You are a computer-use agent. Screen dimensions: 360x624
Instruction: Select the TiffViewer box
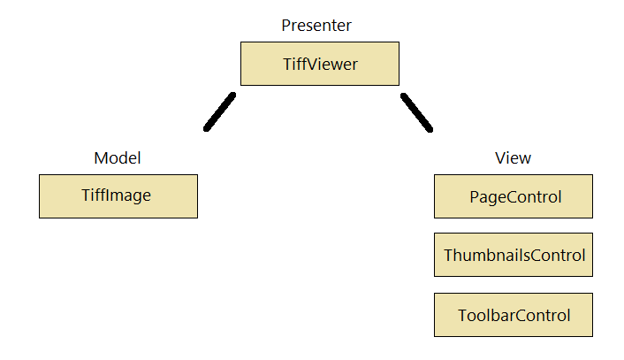pos(319,65)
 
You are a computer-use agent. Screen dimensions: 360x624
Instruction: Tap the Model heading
pos(118,158)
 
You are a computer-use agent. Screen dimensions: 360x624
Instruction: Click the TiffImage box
pos(118,195)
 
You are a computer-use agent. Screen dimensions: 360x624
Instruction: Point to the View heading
pos(513,158)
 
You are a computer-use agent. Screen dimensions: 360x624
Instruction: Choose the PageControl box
pos(513,196)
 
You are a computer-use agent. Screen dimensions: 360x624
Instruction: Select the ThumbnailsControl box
pos(513,256)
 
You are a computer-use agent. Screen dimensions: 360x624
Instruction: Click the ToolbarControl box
pos(513,316)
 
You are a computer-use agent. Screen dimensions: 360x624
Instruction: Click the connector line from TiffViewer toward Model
pos(221,111)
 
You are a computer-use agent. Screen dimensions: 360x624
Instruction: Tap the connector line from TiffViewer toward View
pos(416,112)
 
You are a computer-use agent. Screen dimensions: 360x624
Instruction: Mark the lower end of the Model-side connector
pos(208,127)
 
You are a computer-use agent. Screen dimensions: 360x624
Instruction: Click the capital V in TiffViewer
pos(311,65)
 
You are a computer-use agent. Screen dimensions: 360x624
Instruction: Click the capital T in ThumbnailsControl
pos(448,256)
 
